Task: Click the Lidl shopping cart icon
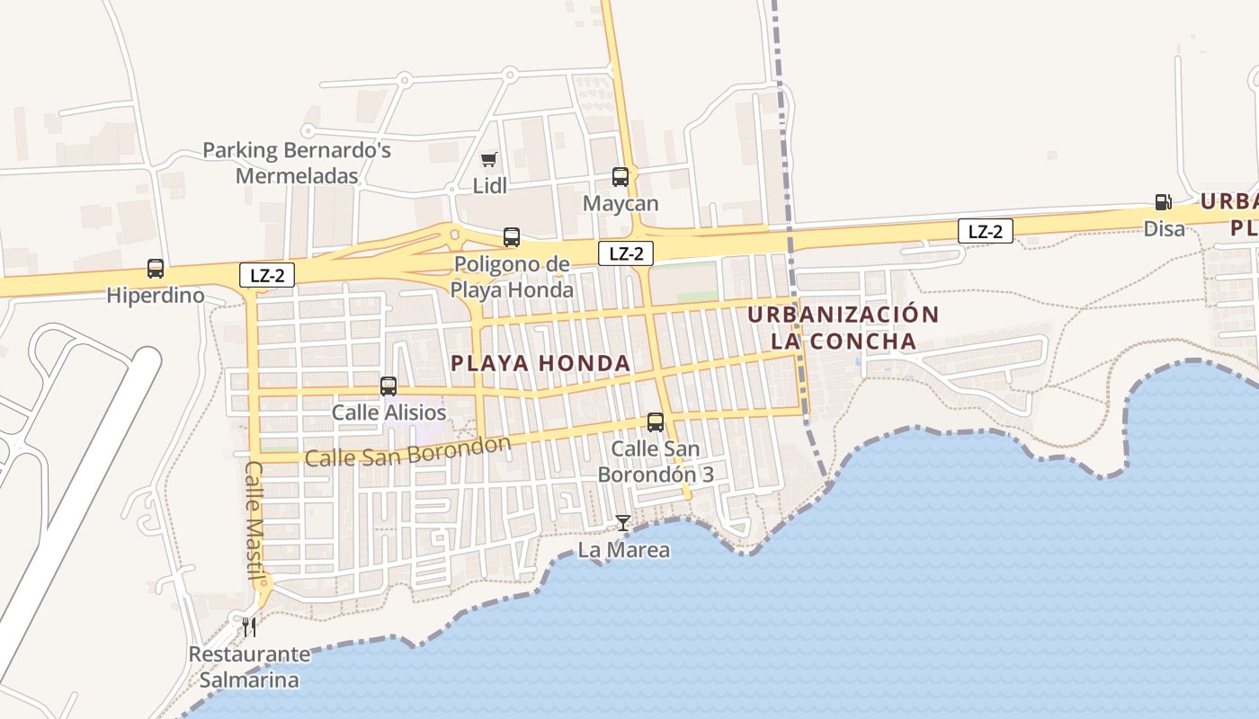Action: [488, 160]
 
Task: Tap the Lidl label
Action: [490, 186]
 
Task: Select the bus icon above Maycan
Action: [621, 177]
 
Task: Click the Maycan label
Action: [621, 203]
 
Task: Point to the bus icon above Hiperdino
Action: [156, 269]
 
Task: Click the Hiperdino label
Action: [156, 295]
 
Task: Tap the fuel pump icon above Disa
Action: [1164, 203]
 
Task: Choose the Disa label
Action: [1165, 229]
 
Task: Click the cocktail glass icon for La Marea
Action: [623, 523]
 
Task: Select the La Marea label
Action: [624, 549]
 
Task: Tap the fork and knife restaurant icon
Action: [249, 626]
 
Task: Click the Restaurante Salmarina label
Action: [249, 667]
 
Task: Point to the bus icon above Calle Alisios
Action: [388, 386]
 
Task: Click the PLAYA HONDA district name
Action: [540, 363]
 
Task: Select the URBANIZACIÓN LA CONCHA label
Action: [844, 328]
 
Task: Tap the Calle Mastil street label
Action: [254, 521]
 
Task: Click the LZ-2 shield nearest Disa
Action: [986, 231]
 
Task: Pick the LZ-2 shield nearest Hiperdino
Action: [267, 275]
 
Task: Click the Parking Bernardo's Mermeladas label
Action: [297, 163]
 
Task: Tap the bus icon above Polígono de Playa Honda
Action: [512, 237]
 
